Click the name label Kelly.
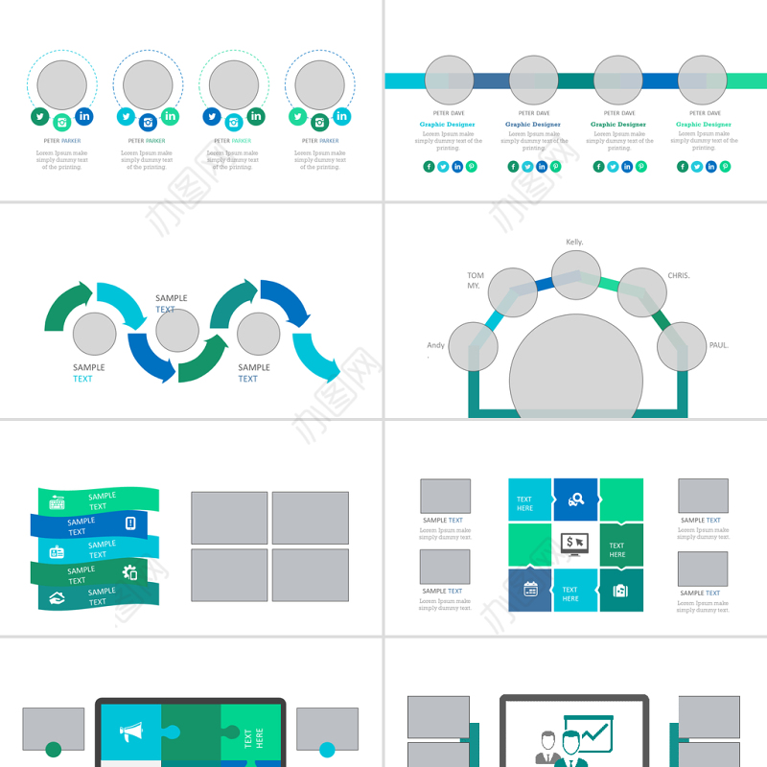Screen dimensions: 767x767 coord(574,243)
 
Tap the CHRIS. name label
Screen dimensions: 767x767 coord(679,276)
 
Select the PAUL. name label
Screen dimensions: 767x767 coord(719,345)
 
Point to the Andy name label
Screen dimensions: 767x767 coord(435,345)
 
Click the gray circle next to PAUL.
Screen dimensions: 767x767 coord(682,346)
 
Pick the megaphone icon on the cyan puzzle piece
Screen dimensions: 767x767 coord(130,733)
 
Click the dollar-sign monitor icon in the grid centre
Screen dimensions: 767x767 coord(574,544)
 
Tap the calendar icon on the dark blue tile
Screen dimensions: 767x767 coord(530,590)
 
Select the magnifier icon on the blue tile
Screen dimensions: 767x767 coord(576,499)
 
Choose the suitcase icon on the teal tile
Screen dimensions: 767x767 coord(620,590)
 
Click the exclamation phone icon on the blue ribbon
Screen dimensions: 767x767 coord(130,523)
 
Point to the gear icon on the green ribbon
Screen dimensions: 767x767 coord(130,572)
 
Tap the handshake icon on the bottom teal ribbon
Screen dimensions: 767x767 coord(57,597)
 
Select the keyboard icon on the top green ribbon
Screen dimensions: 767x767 coord(57,501)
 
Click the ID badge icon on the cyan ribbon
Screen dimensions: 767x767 coord(57,551)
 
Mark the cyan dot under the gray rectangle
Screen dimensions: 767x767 coord(327,749)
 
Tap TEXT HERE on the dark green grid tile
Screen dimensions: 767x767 coord(617,550)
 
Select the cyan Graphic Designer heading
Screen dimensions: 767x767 coord(447,125)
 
